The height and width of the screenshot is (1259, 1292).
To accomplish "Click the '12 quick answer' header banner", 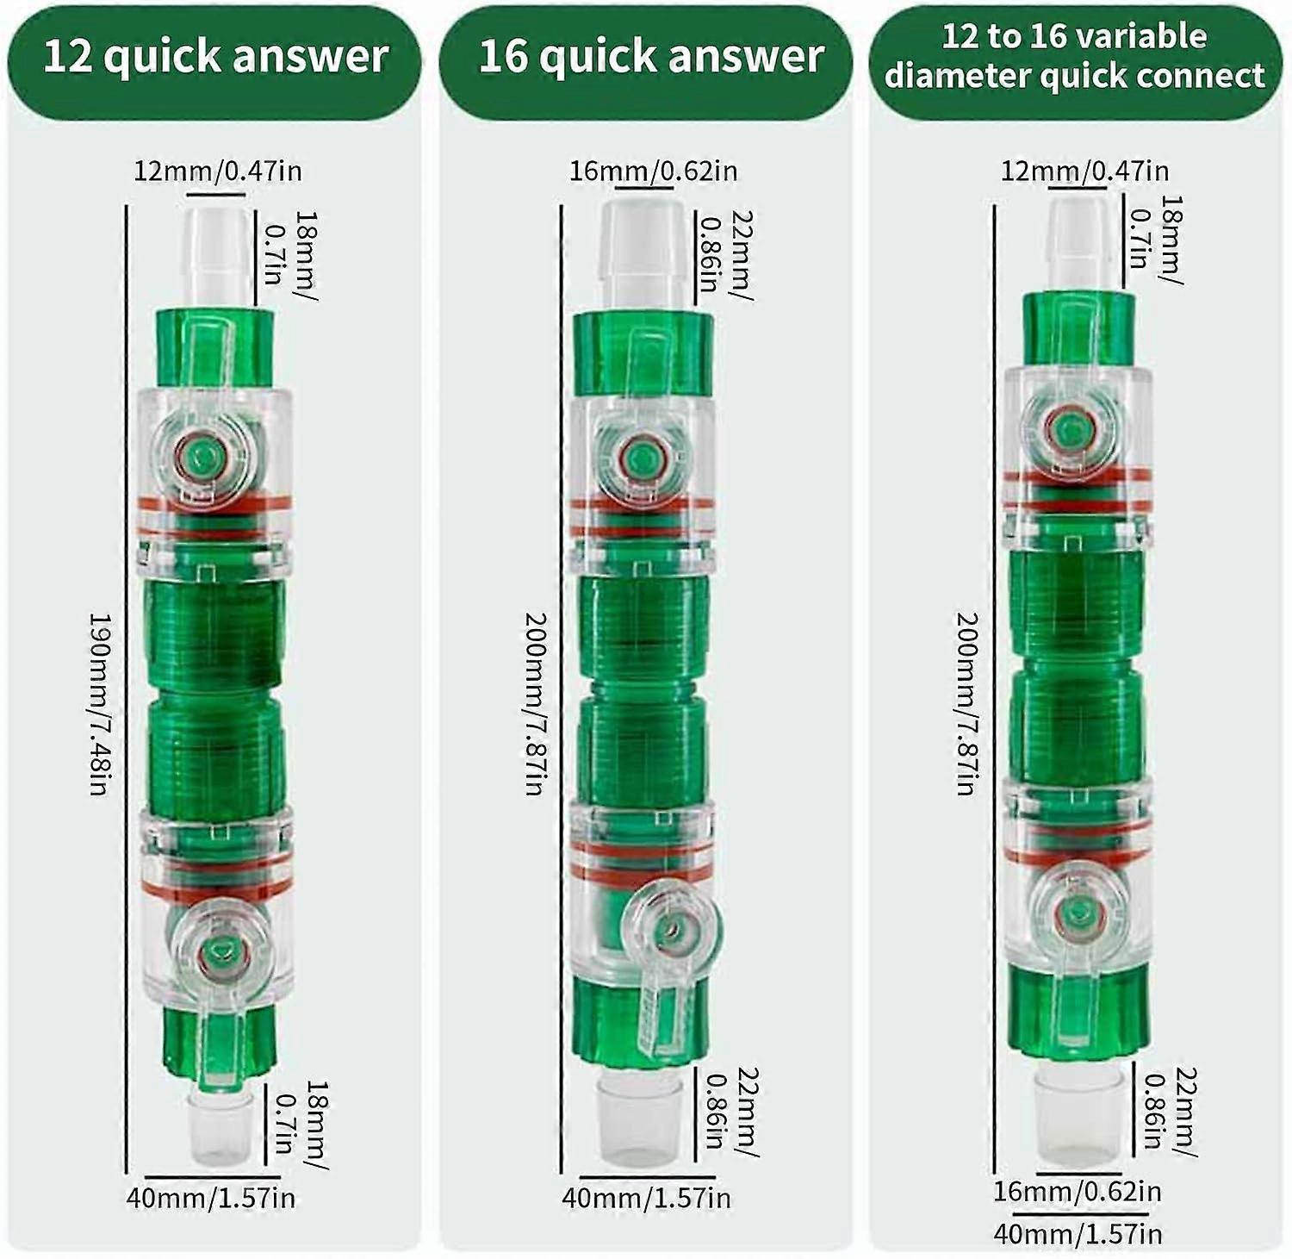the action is click(x=214, y=57).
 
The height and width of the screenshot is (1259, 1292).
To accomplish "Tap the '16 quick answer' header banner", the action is click(x=646, y=57).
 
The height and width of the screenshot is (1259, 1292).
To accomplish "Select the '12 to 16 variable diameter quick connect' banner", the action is click(x=1075, y=57).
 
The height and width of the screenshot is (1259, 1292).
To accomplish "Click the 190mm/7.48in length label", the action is click(x=102, y=704).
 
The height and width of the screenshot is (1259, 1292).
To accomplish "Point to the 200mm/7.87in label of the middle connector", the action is click(x=536, y=704).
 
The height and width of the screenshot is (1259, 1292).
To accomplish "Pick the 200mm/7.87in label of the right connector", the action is click(x=968, y=704).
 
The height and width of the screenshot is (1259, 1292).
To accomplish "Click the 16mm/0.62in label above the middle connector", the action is click(x=653, y=171).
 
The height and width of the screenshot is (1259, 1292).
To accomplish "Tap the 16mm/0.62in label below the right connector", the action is click(x=1078, y=1192).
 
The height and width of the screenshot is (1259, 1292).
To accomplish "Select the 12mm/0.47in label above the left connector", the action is click(x=218, y=171).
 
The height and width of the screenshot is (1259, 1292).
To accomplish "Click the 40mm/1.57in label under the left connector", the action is click(x=211, y=1198).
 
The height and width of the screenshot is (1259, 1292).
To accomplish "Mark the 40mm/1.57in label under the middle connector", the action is click(x=646, y=1198).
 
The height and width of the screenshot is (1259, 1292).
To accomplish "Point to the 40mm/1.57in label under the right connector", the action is click(x=1078, y=1233).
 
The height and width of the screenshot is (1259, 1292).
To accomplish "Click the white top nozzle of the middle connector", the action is click(x=643, y=253).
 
